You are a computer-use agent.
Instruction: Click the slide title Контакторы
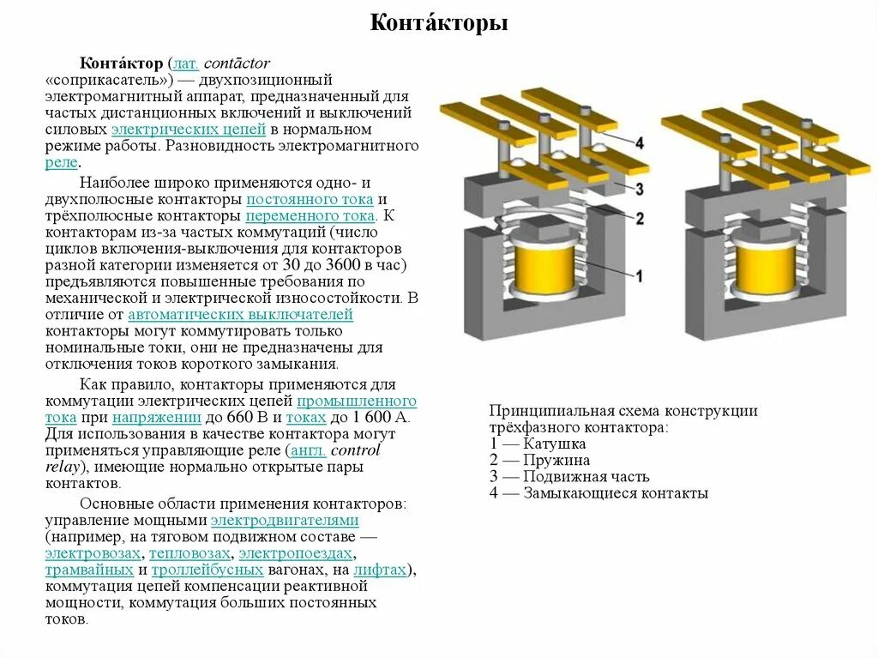[x=439, y=23]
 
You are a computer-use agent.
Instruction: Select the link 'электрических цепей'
[x=189, y=129]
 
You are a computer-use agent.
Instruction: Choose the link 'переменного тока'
[x=310, y=216]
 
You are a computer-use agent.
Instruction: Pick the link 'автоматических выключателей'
[x=240, y=315]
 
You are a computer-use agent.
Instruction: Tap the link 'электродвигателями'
[x=285, y=521]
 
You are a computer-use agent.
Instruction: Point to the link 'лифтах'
[x=380, y=570]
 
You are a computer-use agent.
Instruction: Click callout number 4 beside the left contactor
[x=640, y=143]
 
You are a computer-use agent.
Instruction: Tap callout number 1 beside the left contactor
[x=638, y=275]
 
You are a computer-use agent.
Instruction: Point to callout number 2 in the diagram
[x=639, y=218]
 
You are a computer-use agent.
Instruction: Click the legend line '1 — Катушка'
[x=538, y=444]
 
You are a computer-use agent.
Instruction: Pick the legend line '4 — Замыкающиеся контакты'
[x=598, y=493]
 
